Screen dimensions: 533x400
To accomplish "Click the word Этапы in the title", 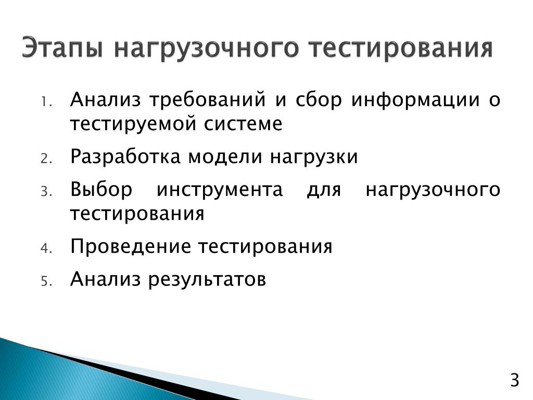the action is [62, 47].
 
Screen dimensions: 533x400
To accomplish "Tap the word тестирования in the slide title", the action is [401, 48].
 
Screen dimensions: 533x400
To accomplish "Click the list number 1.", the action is [46, 102].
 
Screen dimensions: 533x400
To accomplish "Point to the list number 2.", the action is [46, 159].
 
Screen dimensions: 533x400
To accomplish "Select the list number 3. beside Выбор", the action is [46, 192].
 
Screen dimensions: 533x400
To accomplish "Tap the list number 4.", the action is [46, 248].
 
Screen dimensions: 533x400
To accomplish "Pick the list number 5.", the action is [46, 281].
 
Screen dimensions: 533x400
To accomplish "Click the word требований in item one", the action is [207, 101].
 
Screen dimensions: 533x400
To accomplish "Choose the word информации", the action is [415, 101].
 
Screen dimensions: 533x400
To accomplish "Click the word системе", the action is [243, 123].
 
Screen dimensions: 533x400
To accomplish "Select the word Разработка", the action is [125, 157].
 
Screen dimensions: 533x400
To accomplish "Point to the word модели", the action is [225, 157].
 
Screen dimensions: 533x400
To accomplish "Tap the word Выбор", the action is [101, 190].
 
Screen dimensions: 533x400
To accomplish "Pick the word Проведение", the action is [131, 247].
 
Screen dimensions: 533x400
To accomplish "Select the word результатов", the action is [207, 280].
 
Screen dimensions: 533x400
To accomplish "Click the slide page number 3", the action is [515, 380].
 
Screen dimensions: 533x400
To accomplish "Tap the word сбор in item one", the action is [319, 100].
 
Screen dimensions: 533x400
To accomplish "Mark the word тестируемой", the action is [133, 124].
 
